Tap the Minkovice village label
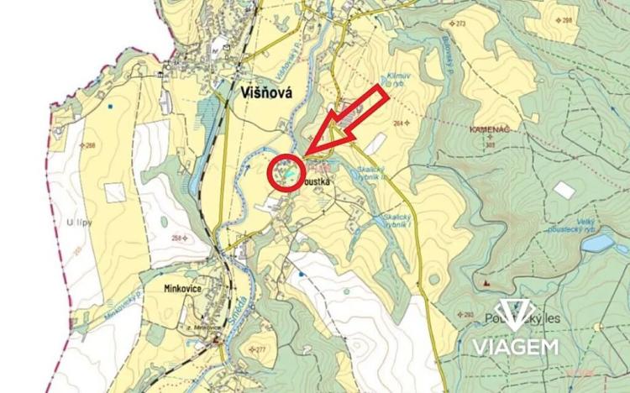point(176,287)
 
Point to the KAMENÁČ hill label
point(489,129)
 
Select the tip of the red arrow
point(307,151)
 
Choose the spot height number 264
point(402,123)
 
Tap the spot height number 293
point(468,316)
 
